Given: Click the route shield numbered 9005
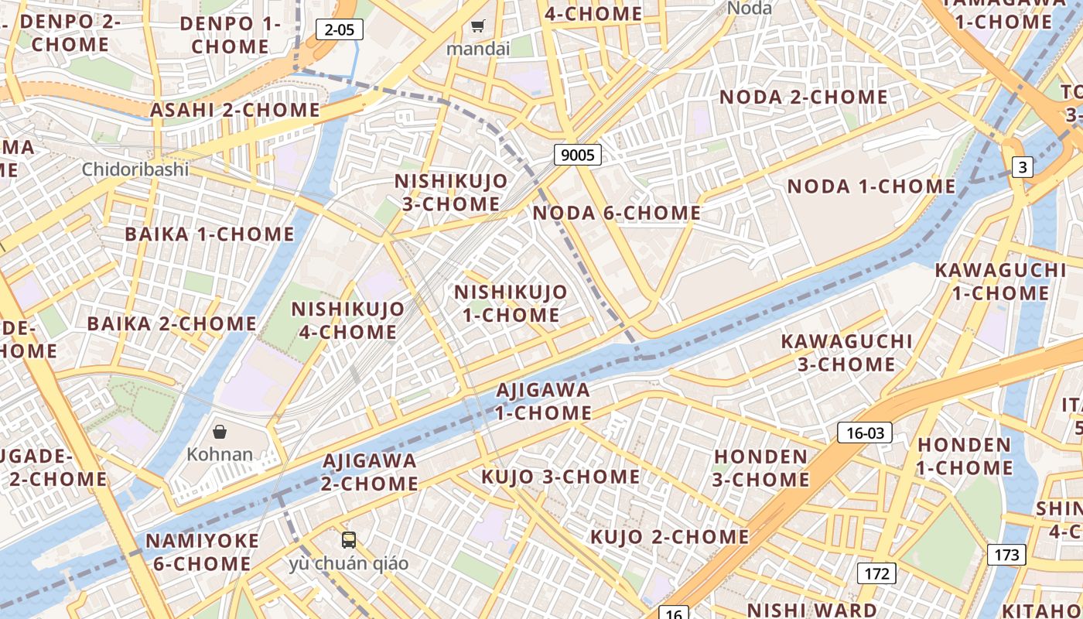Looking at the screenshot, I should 578,155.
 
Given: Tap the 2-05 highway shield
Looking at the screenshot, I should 340,30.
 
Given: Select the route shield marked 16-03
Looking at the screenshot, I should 864,433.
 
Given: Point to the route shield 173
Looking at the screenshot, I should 1006,554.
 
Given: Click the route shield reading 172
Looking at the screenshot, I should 876,573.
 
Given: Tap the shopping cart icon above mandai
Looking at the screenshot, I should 478,26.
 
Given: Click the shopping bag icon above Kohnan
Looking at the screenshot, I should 220,431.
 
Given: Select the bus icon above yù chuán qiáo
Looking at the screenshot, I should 349,539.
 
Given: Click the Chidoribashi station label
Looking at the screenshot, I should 135,169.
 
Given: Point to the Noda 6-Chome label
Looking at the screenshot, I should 617,213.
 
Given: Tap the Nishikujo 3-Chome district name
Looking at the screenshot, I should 451,192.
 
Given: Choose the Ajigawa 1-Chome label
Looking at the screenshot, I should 543,401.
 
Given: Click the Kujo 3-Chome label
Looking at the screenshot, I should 561,477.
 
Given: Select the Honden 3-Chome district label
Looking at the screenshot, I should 761,468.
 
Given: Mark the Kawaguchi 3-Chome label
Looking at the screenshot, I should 846,352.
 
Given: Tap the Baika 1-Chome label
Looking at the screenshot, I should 210,234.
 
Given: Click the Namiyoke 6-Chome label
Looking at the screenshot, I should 202,552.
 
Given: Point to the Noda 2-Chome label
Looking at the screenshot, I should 804,97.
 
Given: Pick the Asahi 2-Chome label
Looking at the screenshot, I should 235,110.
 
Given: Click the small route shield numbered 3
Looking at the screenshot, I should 1023,166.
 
